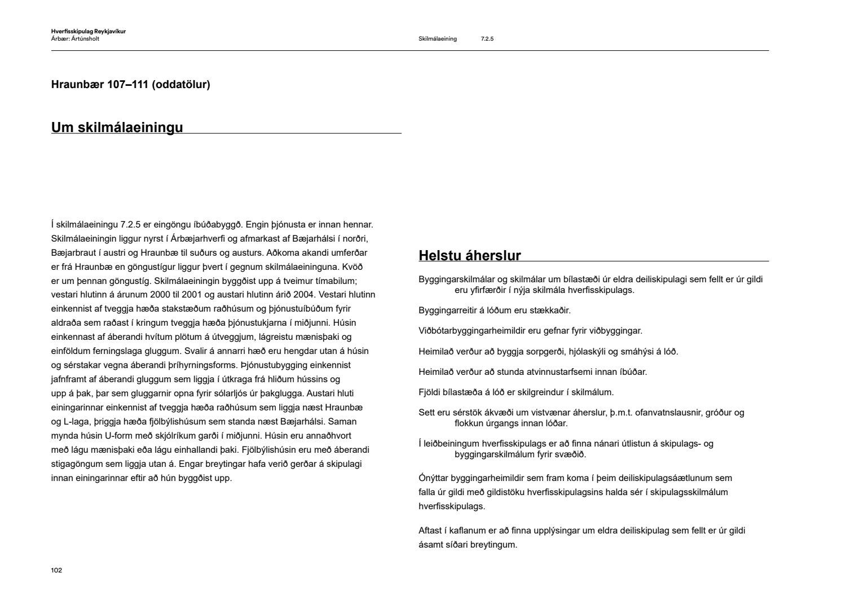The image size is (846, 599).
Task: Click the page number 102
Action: (x=56, y=570)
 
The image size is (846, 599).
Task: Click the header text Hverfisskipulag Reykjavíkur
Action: (x=88, y=32)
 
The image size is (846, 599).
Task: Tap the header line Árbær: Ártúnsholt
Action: (x=75, y=39)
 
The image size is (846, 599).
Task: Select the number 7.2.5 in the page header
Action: (x=487, y=39)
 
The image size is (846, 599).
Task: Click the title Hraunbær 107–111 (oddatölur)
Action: (x=130, y=85)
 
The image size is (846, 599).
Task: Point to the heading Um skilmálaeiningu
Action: (x=117, y=128)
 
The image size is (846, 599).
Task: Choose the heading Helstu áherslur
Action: (x=469, y=256)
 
